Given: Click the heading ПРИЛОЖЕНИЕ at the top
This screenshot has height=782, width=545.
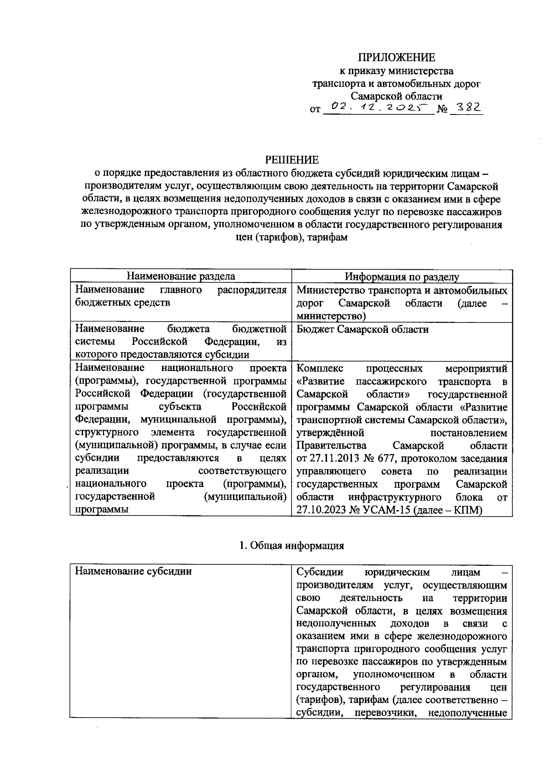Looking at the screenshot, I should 396,57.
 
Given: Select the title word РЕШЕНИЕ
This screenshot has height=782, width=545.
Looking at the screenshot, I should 292,160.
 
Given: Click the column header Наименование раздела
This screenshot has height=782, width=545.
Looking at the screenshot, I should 181,277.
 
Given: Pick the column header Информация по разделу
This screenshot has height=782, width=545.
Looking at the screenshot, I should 401,277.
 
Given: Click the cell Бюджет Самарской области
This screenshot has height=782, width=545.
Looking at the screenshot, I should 362,329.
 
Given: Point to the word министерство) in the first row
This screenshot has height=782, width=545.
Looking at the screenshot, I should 331,316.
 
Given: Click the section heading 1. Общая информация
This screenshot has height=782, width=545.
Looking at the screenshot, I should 292,545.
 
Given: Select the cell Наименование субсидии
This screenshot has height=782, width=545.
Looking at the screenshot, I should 134,571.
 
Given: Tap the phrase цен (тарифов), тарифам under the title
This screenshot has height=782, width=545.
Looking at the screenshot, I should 292,238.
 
